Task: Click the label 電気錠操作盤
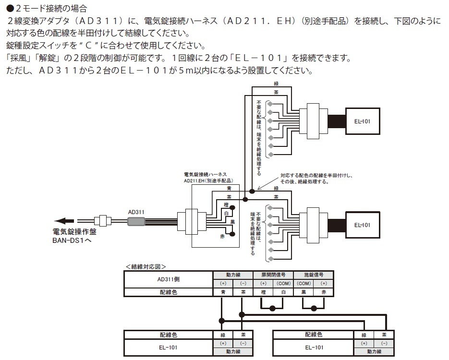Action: tap(74, 232)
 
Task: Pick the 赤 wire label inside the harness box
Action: tap(222, 236)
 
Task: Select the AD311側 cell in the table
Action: tap(168, 279)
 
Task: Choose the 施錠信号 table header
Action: tap(313, 275)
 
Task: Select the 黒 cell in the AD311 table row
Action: tap(303, 292)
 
